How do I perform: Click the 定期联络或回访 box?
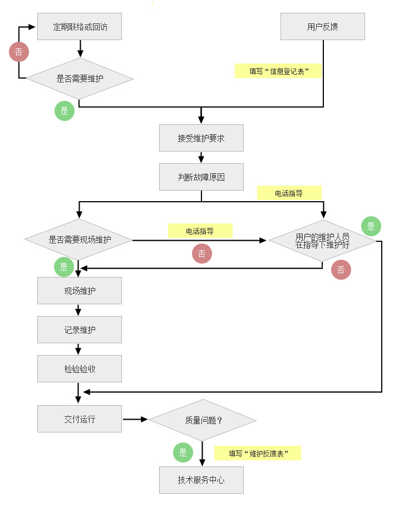click(80, 26)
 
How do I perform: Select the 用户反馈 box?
click(322, 26)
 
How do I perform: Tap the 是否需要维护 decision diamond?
click(80, 79)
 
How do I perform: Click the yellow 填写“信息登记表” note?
click(278, 71)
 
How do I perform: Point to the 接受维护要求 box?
click(201, 138)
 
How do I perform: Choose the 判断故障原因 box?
click(201, 177)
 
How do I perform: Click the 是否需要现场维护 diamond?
click(78, 240)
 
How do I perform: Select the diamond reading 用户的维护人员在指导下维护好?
click(322, 241)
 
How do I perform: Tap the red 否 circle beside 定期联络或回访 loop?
click(19, 52)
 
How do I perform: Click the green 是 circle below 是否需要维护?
click(65, 111)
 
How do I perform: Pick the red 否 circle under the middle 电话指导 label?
click(202, 254)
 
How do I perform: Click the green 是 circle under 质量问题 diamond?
click(183, 453)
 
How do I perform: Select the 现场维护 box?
click(80, 290)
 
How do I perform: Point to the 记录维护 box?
click(80, 329)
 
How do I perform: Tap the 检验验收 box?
click(80, 368)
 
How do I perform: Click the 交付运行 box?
click(80, 419)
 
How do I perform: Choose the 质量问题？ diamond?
click(203, 420)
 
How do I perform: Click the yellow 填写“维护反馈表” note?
click(258, 453)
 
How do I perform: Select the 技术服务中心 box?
click(201, 480)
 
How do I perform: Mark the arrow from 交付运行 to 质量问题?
click(135, 419)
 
